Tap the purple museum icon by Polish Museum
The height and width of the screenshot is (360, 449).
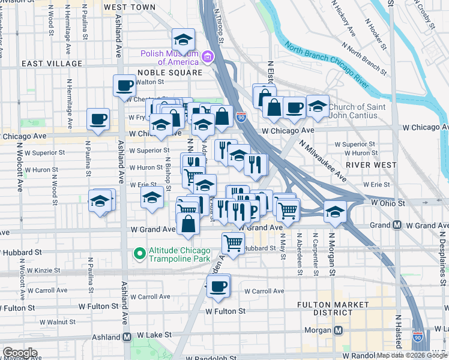[208, 57]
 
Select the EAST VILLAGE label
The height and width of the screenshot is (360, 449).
[52, 64]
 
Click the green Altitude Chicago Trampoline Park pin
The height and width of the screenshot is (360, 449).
[139, 254]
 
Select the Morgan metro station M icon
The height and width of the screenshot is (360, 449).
[339, 331]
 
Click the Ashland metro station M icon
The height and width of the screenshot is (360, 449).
[127, 337]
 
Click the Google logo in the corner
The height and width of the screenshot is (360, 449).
[19, 353]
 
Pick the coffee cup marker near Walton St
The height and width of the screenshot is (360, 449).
[124, 85]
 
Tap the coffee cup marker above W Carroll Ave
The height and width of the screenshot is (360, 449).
[218, 286]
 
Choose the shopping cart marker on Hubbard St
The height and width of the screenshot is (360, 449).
[233, 243]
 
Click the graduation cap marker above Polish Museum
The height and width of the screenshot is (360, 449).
[183, 40]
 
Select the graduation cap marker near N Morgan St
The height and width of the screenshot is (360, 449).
[334, 211]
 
